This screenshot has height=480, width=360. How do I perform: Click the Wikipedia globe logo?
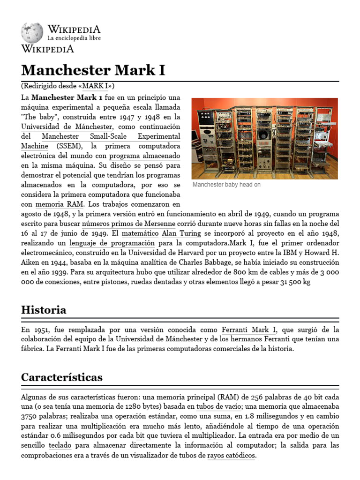[x=32, y=33]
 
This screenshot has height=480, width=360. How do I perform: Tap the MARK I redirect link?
[x=97, y=86]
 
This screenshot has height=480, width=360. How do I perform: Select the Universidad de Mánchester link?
[x=67, y=127]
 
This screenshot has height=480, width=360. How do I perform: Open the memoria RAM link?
[x=60, y=204]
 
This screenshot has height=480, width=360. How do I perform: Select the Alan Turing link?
[x=181, y=233]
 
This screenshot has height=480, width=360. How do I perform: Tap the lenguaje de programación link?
[x=112, y=243]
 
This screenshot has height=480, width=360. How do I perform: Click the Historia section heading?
[x=44, y=310]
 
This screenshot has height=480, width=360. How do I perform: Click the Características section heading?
[x=62, y=377]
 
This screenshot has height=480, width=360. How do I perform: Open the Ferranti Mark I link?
[x=249, y=330]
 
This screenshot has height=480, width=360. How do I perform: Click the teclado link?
[x=60, y=445]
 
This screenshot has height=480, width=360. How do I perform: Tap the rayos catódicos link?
[x=231, y=455]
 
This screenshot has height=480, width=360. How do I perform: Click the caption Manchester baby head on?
[x=226, y=185]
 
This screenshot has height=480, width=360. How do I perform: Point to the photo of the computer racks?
[x=264, y=138]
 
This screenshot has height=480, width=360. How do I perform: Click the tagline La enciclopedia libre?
[x=74, y=38]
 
